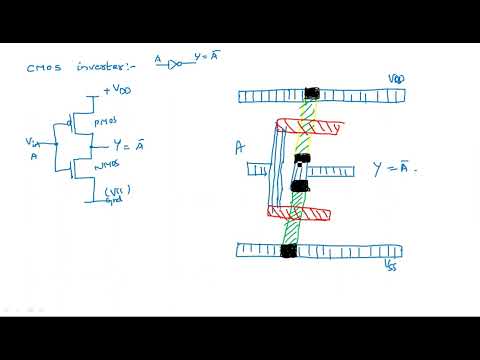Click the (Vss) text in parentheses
click(x=119, y=188)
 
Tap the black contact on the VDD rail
click(x=312, y=94)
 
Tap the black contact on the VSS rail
click(x=289, y=250)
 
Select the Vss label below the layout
click(x=388, y=268)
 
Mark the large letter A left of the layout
click(x=240, y=148)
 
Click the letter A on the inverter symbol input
click(x=158, y=61)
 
